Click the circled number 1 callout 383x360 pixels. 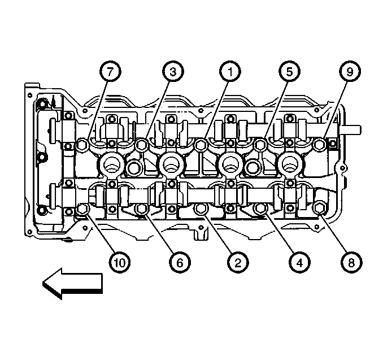click(230, 72)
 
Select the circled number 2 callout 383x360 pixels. click(235, 262)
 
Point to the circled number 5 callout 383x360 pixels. click(289, 72)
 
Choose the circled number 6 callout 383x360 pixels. click(179, 262)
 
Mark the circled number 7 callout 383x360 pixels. click(110, 72)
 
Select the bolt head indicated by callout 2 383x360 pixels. click(200, 210)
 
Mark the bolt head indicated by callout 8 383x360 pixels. click(317, 210)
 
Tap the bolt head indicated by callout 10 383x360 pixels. click(82, 210)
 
